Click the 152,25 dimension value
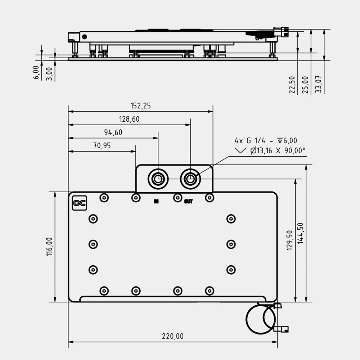point(140,106)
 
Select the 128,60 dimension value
point(129,119)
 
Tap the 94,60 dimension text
point(113,132)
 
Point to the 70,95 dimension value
point(102,146)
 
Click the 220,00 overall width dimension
point(173,336)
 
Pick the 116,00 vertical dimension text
point(49,247)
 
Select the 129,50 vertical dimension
point(291,240)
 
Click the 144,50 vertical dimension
point(301,233)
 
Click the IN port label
point(156,202)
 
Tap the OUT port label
point(188,202)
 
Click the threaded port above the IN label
point(158,179)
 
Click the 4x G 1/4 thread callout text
point(266,141)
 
